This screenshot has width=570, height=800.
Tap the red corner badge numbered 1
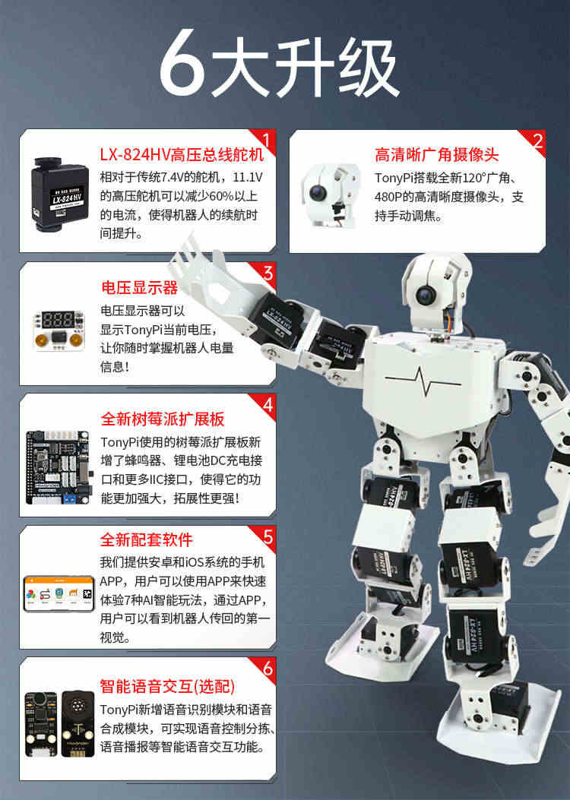(265, 140)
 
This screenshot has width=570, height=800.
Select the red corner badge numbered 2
(535, 141)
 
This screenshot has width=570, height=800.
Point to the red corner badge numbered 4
(265, 405)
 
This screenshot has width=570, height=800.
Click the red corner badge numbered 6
(265, 668)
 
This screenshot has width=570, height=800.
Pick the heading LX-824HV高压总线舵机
(182, 154)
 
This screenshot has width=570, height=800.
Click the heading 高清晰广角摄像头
(436, 154)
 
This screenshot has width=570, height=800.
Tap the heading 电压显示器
(139, 287)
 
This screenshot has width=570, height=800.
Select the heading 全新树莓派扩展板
(163, 419)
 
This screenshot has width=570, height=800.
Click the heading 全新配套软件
(147, 539)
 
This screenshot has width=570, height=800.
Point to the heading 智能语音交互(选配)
(167, 686)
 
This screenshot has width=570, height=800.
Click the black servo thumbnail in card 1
(59, 194)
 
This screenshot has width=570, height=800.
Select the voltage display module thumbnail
(59, 330)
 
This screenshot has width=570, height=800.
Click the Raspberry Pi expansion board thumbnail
(59, 467)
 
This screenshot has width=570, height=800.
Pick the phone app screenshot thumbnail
(59, 593)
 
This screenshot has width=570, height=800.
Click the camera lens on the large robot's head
(425, 294)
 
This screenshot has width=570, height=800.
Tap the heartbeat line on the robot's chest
(423, 381)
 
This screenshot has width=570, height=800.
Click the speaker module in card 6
(78, 724)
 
